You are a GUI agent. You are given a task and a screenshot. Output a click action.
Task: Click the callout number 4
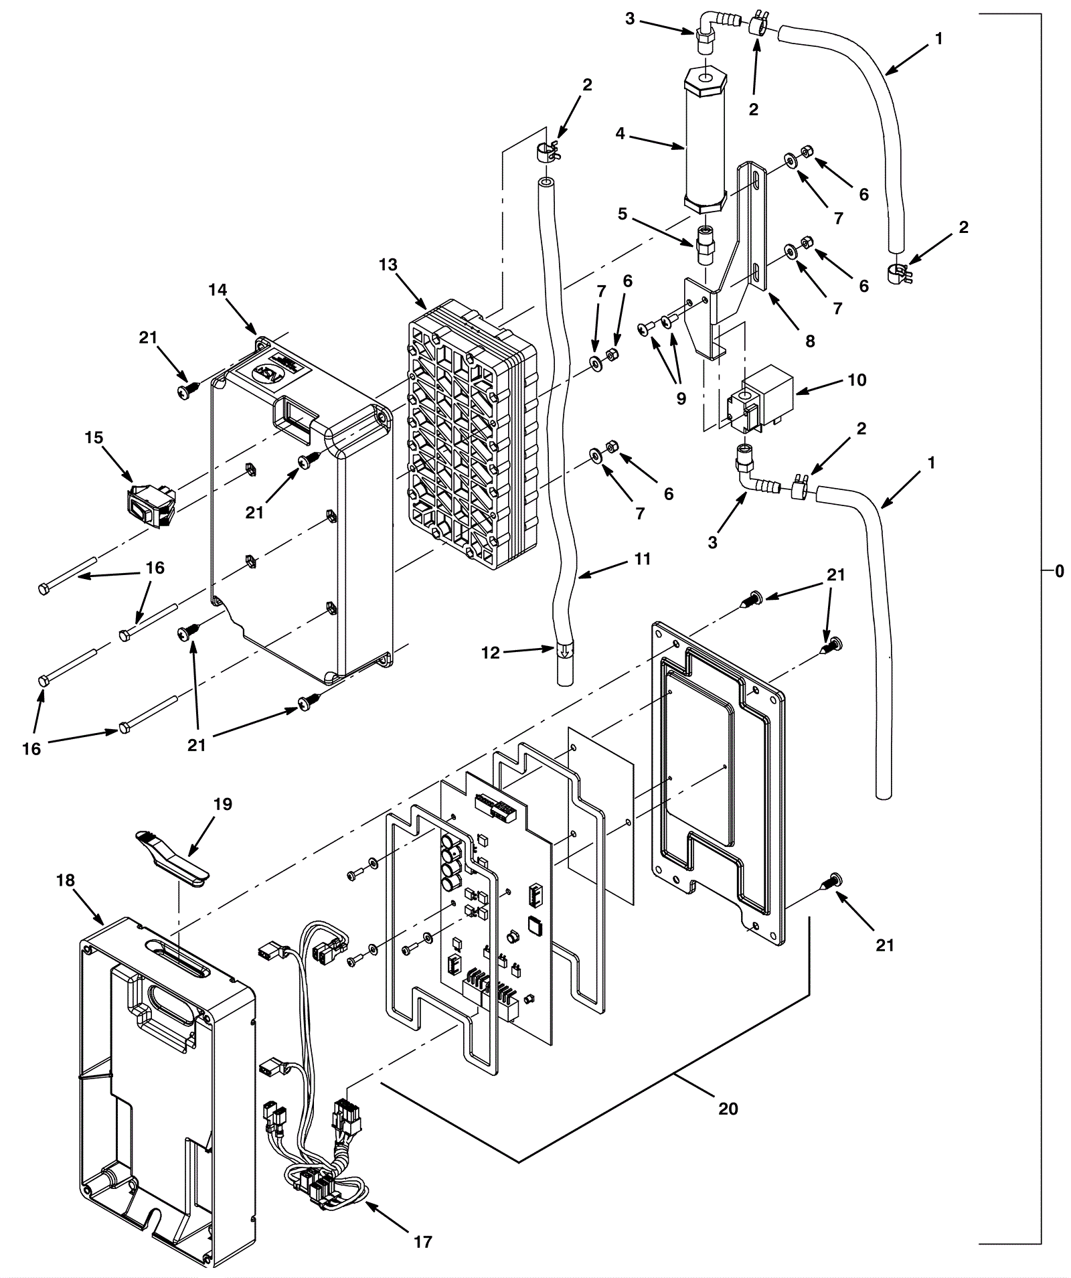(621, 134)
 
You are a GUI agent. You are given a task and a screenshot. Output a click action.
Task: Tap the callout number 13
(388, 264)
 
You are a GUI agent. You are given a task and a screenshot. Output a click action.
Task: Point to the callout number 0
(1059, 571)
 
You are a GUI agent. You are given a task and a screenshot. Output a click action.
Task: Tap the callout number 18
(66, 881)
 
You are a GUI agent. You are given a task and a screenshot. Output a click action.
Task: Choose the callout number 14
(218, 290)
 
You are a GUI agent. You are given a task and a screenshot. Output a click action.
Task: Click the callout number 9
(681, 399)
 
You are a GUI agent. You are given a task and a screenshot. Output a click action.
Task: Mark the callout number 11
(642, 558)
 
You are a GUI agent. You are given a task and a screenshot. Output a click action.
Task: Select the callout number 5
(623, 214)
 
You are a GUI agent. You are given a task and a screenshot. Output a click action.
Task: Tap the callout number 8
(810, 341)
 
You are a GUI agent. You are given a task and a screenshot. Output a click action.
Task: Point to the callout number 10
(857, 380)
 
